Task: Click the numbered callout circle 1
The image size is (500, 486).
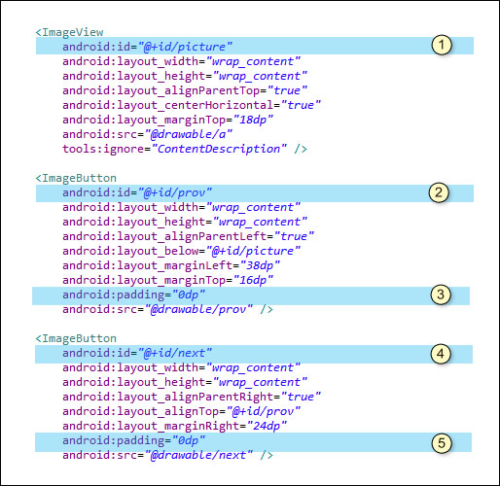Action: point(442,45)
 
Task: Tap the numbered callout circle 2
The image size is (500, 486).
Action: point(439,192)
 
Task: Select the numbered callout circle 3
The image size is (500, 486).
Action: point(441,295)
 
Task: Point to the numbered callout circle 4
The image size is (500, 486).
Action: point(441,354)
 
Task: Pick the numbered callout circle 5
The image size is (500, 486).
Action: point(442,443)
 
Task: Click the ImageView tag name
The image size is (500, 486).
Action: point(73,32)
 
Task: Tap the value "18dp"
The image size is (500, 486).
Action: point(253,120)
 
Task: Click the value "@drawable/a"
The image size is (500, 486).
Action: point(189,134)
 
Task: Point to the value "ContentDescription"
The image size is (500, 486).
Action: point(219,149)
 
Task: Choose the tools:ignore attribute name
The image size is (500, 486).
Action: point(103,149)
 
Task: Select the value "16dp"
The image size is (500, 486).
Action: point(253,280)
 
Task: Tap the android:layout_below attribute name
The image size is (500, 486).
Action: point(130,251)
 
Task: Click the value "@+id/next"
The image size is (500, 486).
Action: point(174,353)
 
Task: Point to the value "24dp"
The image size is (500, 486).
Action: point(267,426)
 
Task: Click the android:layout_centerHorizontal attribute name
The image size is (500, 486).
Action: point(168,105)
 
